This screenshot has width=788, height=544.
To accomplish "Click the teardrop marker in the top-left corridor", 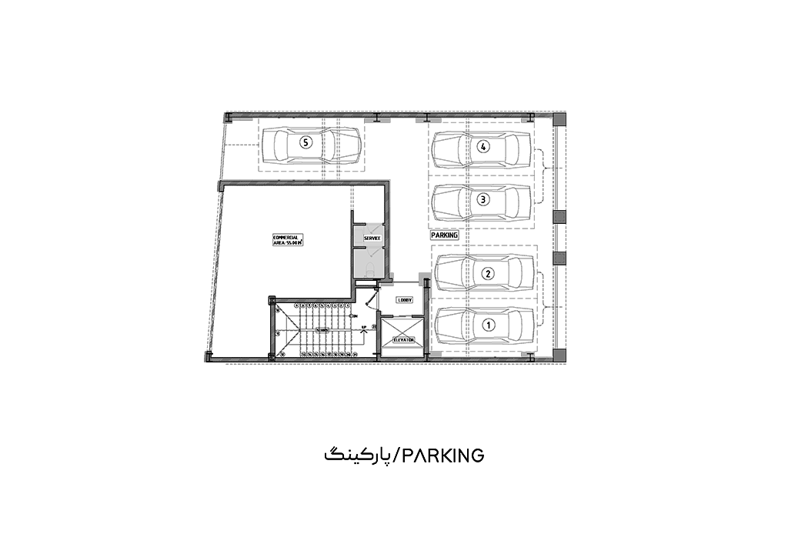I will [306, 144].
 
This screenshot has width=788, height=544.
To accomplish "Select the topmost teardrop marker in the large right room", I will [483, 147].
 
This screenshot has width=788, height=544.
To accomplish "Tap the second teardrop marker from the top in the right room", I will [483, 201].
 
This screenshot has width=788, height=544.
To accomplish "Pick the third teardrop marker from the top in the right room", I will [487, 272].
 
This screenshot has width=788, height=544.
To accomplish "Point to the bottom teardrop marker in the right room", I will [488, 325].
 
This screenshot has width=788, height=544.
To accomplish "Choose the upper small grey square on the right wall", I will [559, 218].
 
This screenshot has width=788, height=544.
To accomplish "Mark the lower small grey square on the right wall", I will [559, 256].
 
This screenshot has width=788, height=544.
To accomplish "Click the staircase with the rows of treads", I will [318, 329].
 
